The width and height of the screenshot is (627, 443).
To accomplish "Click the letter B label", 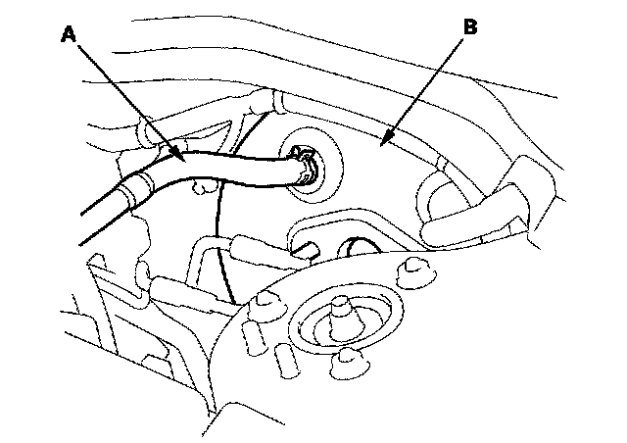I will (470, 27).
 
